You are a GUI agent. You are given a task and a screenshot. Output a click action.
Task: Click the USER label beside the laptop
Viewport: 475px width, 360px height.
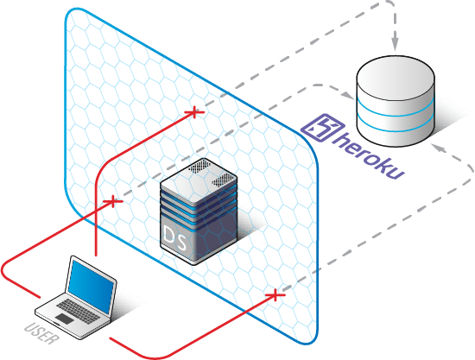coord(41,334)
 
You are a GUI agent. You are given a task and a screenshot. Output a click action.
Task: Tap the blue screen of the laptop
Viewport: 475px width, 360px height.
coord(91,286)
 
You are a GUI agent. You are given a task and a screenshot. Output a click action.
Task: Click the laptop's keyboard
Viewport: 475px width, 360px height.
coord(78,309)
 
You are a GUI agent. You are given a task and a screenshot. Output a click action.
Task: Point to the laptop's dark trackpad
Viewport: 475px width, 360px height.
coord(64,319)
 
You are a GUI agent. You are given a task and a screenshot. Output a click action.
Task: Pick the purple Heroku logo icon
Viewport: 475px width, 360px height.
coord(322,127)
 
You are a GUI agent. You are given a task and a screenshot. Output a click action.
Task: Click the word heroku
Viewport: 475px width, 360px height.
coord(369,155)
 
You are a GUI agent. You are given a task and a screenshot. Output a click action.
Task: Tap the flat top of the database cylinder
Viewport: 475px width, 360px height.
coord(396,78)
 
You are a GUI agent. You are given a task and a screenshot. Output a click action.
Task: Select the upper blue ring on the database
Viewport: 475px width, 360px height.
coord(396,110)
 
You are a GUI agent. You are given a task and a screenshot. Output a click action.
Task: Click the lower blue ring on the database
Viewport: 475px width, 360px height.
coord(396,126)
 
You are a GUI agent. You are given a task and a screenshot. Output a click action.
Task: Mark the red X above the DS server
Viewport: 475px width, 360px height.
coord(194,112)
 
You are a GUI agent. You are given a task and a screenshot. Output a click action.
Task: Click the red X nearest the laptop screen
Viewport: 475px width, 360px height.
coord(113,201)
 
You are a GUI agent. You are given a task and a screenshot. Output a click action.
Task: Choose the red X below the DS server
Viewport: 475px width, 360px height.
coord(275,295)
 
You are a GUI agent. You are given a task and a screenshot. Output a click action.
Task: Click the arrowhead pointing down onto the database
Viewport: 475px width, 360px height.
coord(395,44)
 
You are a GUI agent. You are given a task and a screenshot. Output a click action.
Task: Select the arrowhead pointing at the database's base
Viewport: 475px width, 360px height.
coord(438,148)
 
